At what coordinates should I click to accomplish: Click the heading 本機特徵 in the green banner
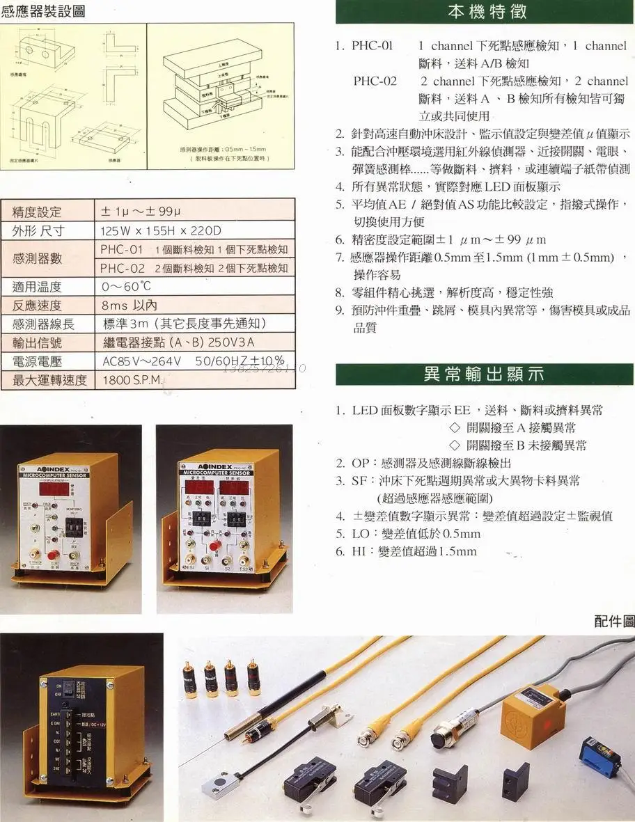485,12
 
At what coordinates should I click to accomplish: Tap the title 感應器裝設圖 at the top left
43,11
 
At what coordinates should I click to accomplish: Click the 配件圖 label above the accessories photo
614,622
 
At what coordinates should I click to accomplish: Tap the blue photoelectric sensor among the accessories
601,757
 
